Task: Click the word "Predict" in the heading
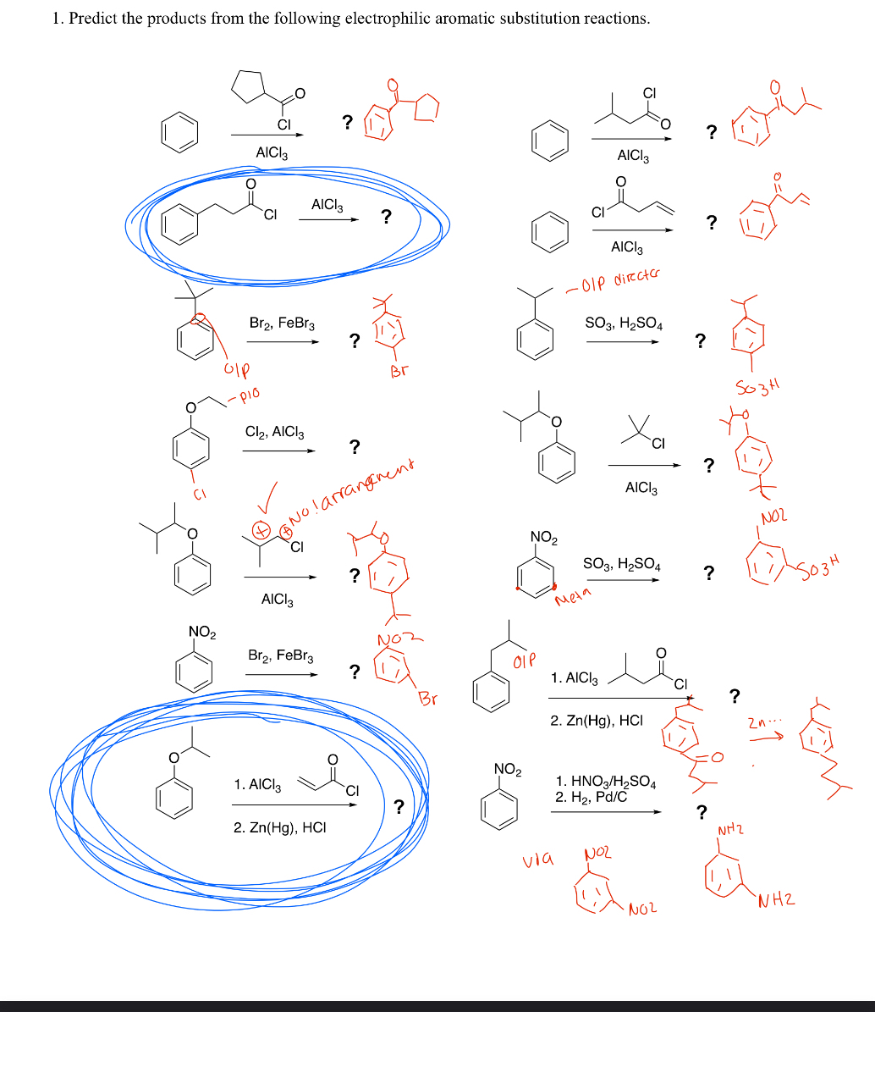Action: pos(93,19)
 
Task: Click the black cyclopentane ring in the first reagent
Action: pos(249,86)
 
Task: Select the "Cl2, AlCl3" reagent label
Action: pos(274,432)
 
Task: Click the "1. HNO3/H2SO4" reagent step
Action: pos(605,782)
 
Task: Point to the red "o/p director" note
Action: pos(614,280)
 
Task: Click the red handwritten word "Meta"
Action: pos(573,598)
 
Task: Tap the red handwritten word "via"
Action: pos(538,860)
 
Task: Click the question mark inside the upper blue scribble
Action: pos(386,217)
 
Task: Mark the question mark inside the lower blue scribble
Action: pos(399,806)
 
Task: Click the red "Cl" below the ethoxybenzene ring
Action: pos(199,494)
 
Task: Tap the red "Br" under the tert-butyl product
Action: pos(399,370)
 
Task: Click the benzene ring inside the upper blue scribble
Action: pos(179,225)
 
